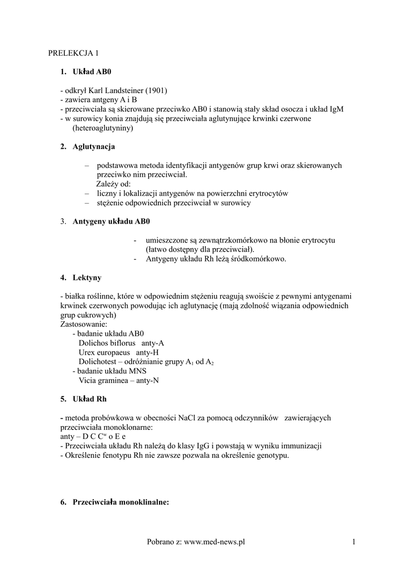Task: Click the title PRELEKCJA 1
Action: [73, 54]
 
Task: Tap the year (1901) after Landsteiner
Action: [157, 90]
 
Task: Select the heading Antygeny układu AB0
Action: [112, 221]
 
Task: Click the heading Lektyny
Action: [87, 278]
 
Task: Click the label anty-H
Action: [148, 352]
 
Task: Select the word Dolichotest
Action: [98, 362]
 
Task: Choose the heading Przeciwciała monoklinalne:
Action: [121, 502]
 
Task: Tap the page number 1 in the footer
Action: [354, 541]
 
